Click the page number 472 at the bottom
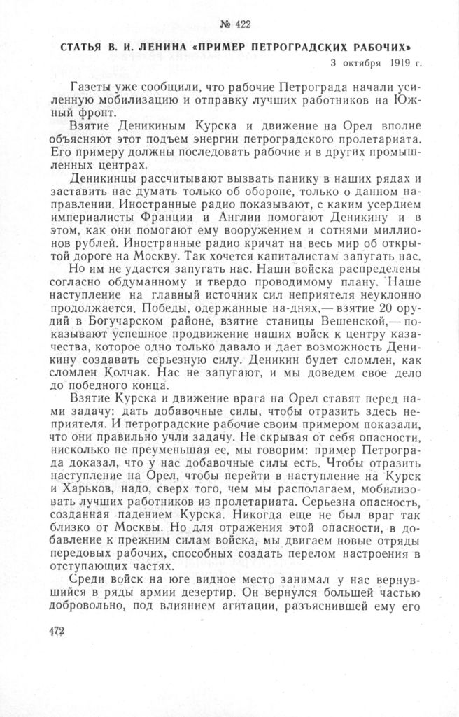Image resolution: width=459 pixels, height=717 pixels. pyautogui.click(x=56, y=631)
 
